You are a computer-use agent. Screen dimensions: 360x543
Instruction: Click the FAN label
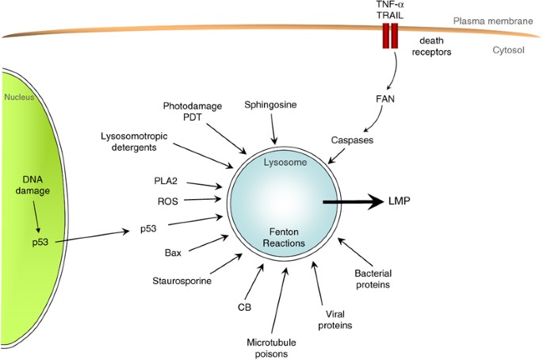(394, 101)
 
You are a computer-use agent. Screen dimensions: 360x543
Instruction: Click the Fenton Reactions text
(283, 236)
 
